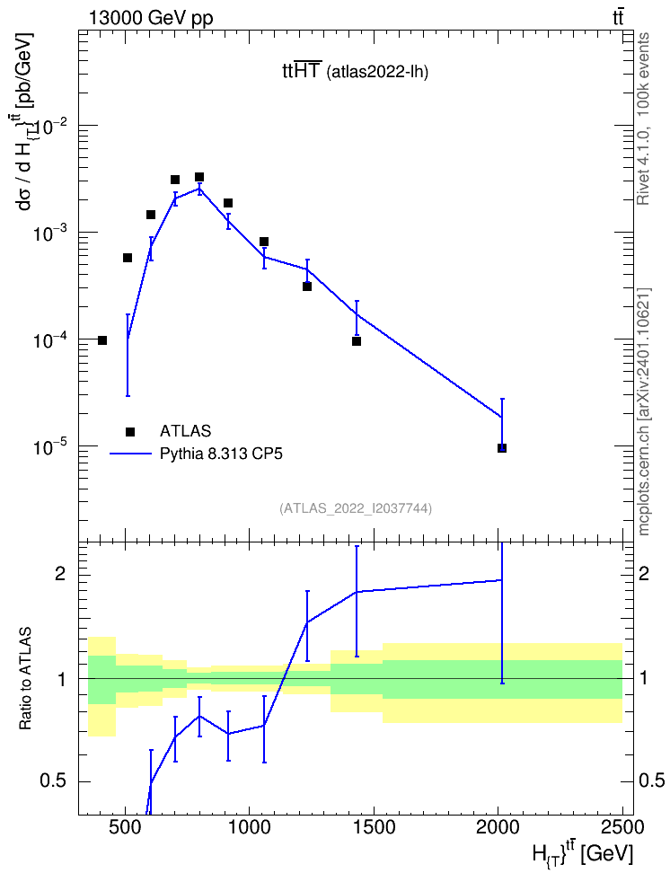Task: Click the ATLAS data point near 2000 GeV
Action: [502, 448]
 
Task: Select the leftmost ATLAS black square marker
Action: [101, 340]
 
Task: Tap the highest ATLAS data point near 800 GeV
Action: [198, 177]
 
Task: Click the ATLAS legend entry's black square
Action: [130, 431]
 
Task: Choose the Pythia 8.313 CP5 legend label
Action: [221, 454]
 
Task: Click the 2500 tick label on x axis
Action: [616, 827]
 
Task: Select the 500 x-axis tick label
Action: [126, 827]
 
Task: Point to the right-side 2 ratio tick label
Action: [644, 574]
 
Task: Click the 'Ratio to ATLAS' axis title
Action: [26, 678]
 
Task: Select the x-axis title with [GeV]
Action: [583, 852]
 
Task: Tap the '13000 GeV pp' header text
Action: [150, 19]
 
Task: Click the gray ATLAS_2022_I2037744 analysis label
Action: [356, 508]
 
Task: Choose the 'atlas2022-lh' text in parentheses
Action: [377, 72]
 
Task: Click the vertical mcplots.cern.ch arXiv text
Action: [644, 412]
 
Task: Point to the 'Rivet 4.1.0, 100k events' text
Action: [644, 119]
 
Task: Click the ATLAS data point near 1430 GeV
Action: [357, 341]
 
